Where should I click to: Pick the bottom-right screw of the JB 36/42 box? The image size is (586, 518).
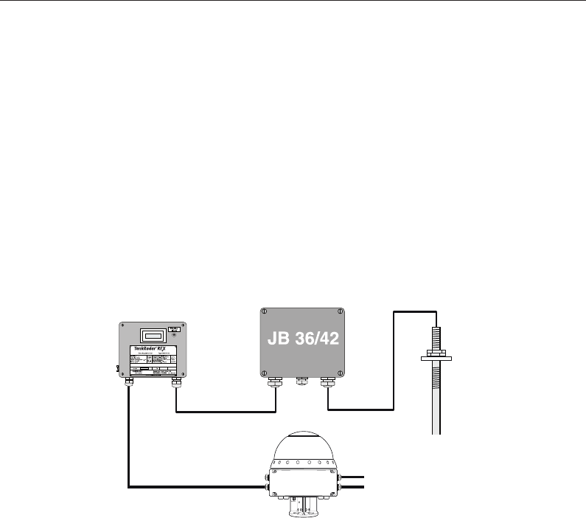(339, 371)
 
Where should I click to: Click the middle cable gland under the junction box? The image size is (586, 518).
(301, 381)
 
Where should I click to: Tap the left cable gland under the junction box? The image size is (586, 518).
(275, 382)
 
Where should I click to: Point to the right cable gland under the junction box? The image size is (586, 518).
(327, 382)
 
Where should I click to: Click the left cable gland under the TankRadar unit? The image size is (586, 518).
(130, 382)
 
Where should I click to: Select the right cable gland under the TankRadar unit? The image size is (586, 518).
(175, 382)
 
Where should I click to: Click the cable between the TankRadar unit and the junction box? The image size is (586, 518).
(225, 412)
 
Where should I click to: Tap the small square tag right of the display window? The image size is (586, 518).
(173, 330)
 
